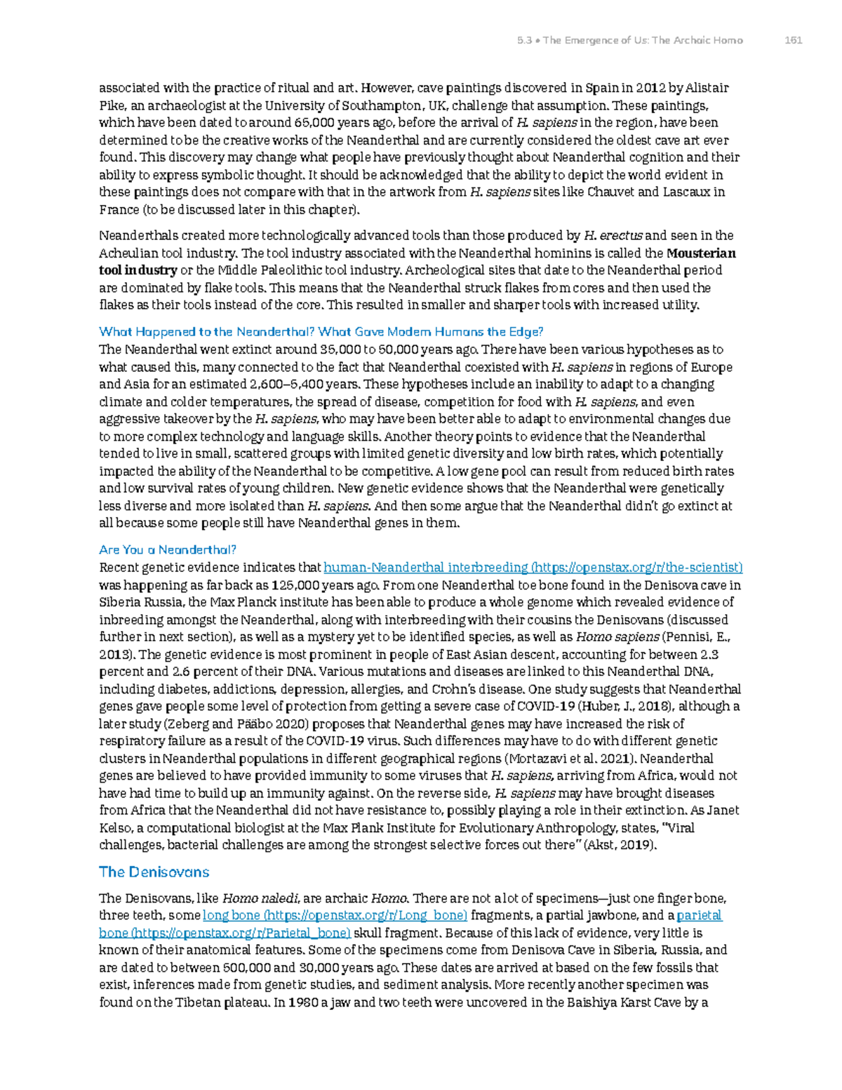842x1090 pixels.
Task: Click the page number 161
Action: pyautogui.click(x=793, y=40)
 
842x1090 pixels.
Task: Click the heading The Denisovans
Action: pyautogui.click(x=154, y=872)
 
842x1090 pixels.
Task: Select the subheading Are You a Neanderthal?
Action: pyautogui.click(x=168, y=550)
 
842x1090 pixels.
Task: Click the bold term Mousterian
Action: pyautogui.click(x=700, y=253)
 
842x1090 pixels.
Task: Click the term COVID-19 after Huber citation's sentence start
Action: pyautogui.click(x=547, y=707)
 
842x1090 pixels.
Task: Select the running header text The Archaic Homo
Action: pyautogui.click(x=697, y=40)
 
